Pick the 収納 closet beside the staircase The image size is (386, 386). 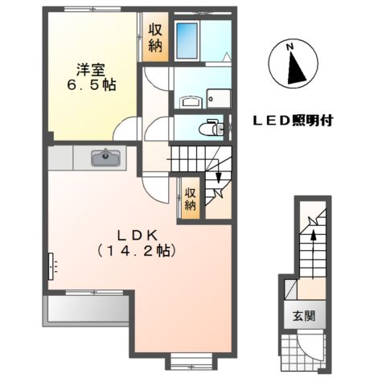[x=189, y=198]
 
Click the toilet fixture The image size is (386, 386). [x=211, y=127]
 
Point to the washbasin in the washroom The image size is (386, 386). [x=190, y=101]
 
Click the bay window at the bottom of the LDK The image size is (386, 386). [x=191, y=362]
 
